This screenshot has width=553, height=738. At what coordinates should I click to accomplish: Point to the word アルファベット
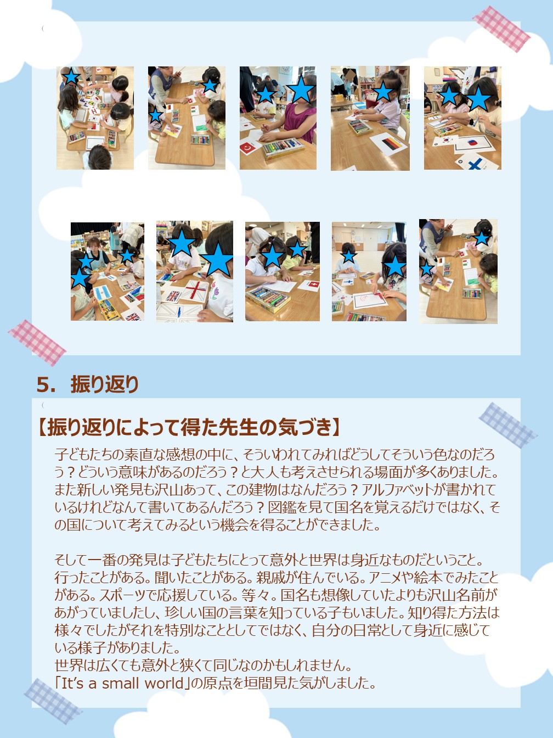(x=397, y=490)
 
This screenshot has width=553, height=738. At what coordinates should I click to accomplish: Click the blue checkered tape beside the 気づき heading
(x=507, y=425)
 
